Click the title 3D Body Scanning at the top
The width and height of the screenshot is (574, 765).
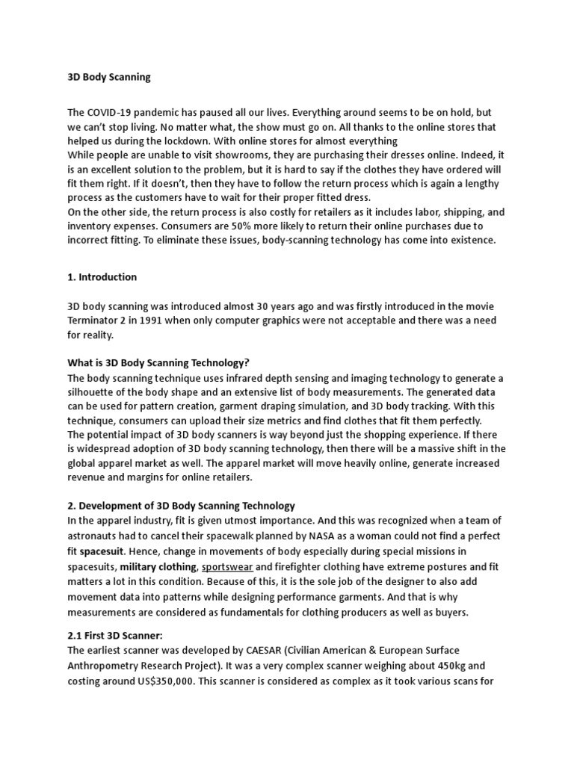tap(109, 77)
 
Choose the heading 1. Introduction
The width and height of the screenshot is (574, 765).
tap(102, 276)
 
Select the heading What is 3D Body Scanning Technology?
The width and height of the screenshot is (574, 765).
tap(158, 363)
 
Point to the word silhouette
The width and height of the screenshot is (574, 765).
tap(93, 392)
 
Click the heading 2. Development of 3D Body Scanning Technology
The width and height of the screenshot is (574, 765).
tap(182, 506)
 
